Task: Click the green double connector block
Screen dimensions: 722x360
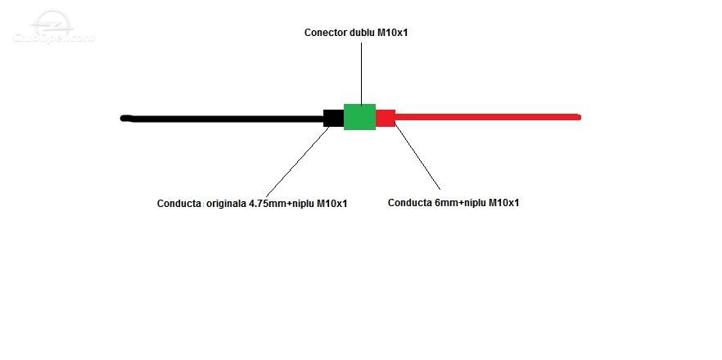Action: [x=359, y=117]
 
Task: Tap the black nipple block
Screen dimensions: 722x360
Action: [x=333, y=118]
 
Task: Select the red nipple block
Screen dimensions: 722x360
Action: [x=386, y=118]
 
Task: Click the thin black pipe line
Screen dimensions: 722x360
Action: [x=222, y=119]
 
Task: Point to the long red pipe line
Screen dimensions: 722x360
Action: [x=488, y=117]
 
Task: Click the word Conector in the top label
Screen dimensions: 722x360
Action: [x=324, y=33]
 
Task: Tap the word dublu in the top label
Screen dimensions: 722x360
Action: [x=357, y=33]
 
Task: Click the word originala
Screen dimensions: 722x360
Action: [x=226, y=204]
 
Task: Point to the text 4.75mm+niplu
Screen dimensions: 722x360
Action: [x=282, y=204]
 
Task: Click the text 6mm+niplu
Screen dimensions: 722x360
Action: [x=460, y=203]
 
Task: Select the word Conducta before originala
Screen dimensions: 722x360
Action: [x=178, y=204]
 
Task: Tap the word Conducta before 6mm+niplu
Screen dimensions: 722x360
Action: [x=410, y=203]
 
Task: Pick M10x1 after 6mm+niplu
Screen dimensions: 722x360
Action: [x=503, y=203]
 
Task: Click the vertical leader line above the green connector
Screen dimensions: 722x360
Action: [x=362, y=74]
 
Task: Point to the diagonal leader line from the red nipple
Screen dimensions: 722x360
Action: [x=417, y=157]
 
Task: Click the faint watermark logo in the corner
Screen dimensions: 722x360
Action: [x=53, y=28]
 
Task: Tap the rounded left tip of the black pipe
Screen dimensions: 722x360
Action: [x=123, y=119]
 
